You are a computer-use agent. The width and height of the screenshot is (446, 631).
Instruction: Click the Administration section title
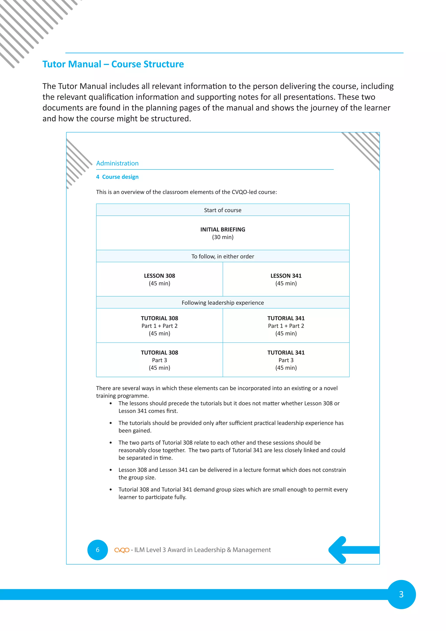pos(117,163)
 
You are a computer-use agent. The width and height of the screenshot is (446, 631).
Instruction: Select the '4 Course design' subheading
pos(117,177)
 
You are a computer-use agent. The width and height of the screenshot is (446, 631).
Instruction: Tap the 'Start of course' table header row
pos(223,210)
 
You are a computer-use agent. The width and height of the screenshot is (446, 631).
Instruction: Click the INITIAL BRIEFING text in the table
pos(223,229)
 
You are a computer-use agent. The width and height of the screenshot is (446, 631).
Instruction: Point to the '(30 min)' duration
pos(223,237)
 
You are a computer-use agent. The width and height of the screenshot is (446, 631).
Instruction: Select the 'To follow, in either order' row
pos(223,256)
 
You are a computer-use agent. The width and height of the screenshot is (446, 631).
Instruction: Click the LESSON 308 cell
pos(160,279)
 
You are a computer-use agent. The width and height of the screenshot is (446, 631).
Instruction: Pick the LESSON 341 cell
pos(286,279)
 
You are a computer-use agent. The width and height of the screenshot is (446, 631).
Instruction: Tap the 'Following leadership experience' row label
pos(223,303)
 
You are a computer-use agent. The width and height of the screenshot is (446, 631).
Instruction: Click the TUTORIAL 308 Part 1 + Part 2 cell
pos(160,326)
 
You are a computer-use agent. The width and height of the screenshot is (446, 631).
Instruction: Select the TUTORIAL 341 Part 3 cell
pos(286,360)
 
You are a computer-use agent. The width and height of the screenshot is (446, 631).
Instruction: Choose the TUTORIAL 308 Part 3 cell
pos(160,360)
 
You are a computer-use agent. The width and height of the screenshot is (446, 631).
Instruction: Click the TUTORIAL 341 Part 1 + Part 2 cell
pos(286,326)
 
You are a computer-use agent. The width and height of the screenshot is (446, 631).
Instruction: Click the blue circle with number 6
pos(98,550)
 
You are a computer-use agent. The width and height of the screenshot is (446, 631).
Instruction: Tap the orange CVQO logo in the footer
pos(122,550)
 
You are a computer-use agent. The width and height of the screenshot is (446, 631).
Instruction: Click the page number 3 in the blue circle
pos(401,594)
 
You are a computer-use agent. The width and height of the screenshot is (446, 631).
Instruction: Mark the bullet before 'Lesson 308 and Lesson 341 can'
pos(111,470)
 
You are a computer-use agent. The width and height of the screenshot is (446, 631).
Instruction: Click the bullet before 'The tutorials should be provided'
pos(111,423)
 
